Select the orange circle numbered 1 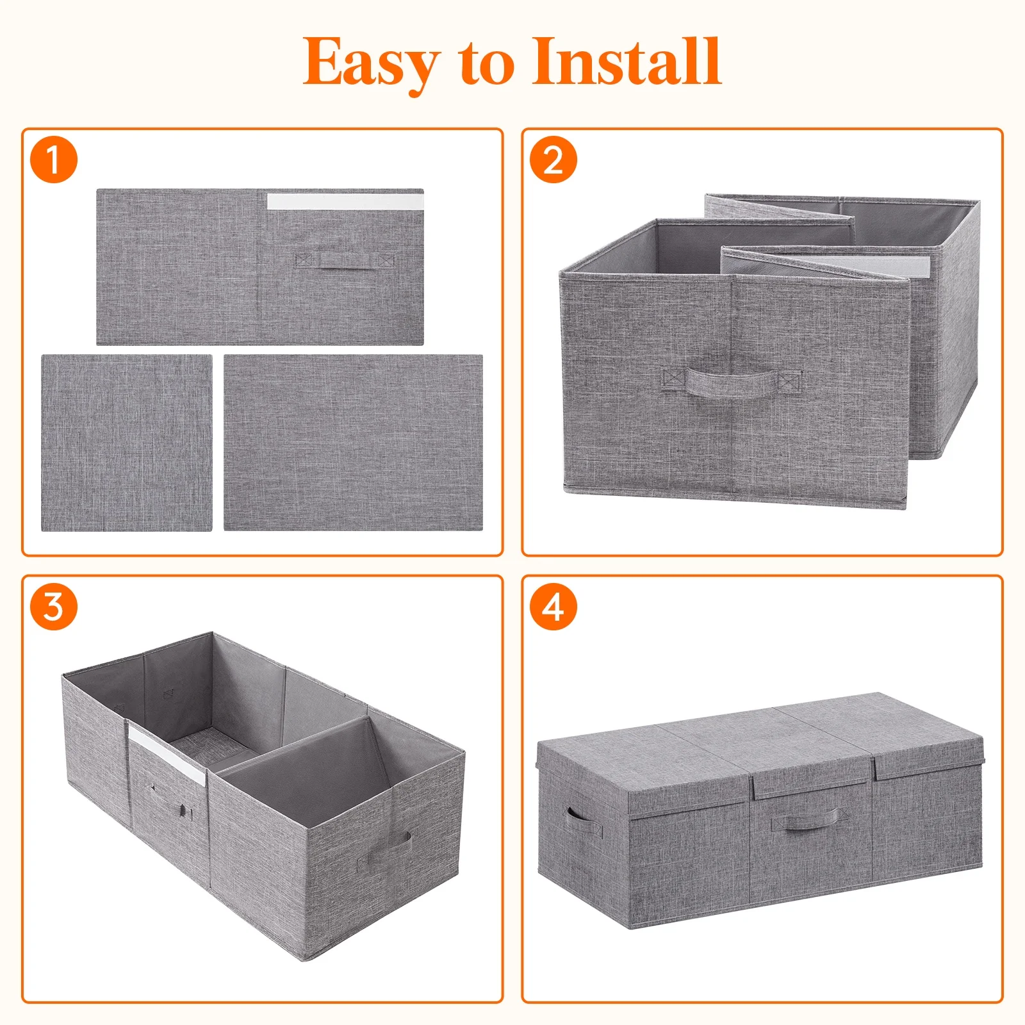pos(54,160)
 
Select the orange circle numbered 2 pos(553,160)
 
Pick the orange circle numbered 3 pos(54,607)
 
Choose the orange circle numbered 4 pos(553,607)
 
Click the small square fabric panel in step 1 pos(127,443)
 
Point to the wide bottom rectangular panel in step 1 pos(353,443)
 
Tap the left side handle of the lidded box pos(583,821)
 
